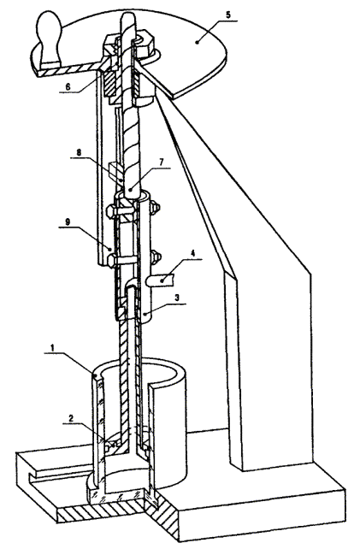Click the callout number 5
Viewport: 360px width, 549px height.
pos(228,15)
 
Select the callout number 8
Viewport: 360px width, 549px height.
pos(79,152)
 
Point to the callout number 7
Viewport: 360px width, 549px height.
pos(162,162)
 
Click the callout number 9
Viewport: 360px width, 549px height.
pos(68,221)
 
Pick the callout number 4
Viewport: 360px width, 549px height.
pos(193,252)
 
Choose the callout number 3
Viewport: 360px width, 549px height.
pos(177,298)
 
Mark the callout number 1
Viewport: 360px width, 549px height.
pos(52,348)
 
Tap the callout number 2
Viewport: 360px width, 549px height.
pos(71,417)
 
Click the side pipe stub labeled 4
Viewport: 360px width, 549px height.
pos(161,280)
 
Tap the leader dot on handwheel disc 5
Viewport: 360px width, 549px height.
pos(198,43)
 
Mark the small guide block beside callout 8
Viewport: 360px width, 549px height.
pos(115,169)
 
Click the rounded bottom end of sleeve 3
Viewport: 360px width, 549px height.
pos(146,316)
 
